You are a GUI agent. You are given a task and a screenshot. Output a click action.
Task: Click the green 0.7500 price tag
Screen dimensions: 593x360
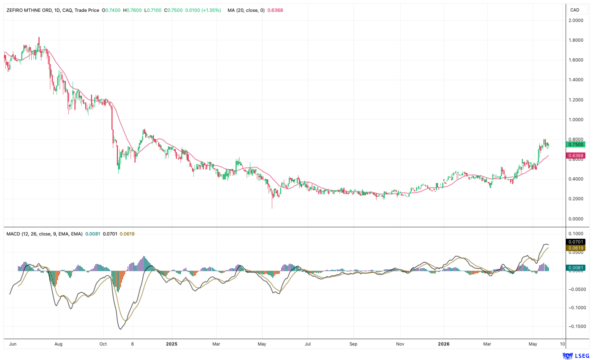(x=576, y=145)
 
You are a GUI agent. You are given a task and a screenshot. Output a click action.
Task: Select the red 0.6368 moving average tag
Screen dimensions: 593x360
(x=576, y=156)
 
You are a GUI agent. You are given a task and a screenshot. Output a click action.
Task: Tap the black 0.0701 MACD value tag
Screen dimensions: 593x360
(x=576, y=242)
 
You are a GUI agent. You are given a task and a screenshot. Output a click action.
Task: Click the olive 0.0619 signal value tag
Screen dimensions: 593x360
(x=576, y=248)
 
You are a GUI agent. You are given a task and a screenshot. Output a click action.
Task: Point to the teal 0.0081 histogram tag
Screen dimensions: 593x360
(x=576, y=268)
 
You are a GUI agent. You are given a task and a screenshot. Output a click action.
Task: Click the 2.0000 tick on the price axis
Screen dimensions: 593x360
(x=576, y=20)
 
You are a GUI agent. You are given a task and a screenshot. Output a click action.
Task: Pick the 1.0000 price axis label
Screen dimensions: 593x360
(x=576, y=120)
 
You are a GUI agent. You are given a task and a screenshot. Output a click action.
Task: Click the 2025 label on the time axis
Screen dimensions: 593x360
(x=171, y=344)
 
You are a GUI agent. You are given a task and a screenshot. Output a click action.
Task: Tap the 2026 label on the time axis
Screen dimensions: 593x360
(x=444, y=344)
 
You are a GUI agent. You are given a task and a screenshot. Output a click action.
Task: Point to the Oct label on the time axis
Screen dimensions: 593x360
(x=103, y=344)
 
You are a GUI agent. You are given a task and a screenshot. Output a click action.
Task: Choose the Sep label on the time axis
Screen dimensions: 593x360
(x=353, y=344)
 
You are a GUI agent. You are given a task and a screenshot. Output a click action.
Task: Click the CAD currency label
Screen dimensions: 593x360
(x=575, y=10)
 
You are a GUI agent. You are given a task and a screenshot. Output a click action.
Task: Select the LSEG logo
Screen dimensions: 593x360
(x=576, y=356)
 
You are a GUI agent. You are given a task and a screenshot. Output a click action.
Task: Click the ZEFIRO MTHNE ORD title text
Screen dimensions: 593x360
(x=29, y=10)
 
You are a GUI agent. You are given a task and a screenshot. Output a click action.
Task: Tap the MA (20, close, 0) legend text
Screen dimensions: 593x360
(x=246, y=10)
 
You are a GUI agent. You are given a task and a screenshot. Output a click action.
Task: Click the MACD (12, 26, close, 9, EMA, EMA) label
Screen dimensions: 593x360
(x=44, y=234)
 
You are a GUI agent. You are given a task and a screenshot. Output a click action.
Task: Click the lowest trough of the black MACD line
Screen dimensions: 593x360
(x=120, y=329)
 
